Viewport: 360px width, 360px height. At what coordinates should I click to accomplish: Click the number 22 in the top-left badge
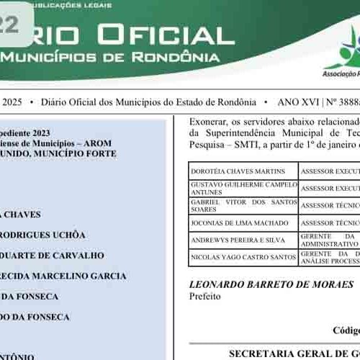[10, 25]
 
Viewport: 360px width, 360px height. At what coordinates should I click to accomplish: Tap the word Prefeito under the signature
[204, 296]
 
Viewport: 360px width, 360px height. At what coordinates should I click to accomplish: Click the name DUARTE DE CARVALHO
[52, 255]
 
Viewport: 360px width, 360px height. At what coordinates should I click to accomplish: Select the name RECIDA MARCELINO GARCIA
[63, 276]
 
